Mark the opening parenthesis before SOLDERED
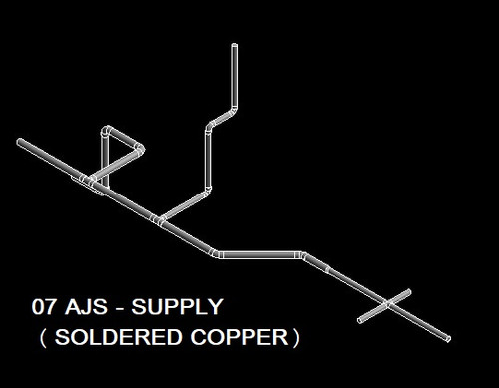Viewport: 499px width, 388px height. [42, 337]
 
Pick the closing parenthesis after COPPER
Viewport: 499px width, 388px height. [295, 337]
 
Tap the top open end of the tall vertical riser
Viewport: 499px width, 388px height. [235, 46]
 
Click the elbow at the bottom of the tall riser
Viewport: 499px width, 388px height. [209, 190]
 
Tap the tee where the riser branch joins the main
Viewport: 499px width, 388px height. [157, 220]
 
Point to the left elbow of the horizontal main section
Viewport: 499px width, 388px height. [217, 255]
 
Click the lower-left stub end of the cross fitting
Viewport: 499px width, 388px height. [361, 319]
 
